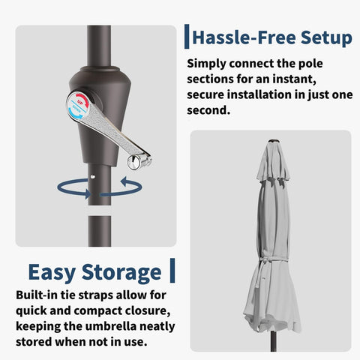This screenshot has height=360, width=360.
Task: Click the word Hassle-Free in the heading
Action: (244, 37)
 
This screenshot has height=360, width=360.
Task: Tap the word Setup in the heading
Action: (326, 38)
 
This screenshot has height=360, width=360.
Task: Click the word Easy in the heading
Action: (52, 272)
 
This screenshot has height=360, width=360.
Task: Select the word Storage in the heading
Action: (121, 272)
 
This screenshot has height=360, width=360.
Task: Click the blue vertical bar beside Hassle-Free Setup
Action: (187, 37)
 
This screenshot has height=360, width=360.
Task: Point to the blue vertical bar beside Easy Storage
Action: (172, 271)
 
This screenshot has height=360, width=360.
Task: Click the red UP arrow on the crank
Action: (82, 100)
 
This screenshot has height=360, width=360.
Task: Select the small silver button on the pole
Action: (93, 177)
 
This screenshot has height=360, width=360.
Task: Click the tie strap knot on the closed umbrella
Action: (263, 260)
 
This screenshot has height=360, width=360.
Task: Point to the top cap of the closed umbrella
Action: (273, 141)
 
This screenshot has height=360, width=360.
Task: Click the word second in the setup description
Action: (208, 110)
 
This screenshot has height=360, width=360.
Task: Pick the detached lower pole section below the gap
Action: (99, 231)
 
